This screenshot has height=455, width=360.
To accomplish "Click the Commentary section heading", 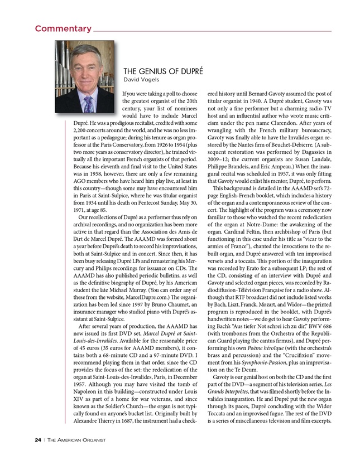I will coord(63,28).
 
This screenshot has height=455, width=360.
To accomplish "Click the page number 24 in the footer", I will coord(37,440).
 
